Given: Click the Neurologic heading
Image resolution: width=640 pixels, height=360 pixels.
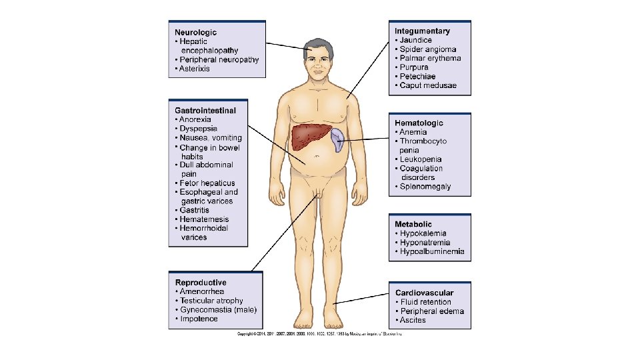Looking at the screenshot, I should pos(195,32).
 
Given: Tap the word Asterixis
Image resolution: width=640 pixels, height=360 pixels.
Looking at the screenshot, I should pos(195,69).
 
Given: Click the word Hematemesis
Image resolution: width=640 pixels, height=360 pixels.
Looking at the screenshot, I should pos(204,219).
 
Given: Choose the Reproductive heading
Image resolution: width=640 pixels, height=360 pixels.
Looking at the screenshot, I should pos(200,283).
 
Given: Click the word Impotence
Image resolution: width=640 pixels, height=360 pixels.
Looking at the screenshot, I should pos(199,319).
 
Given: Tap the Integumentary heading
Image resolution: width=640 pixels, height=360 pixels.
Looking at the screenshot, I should pos(422,31).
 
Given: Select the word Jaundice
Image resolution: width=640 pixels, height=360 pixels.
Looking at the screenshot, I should pos(417,40).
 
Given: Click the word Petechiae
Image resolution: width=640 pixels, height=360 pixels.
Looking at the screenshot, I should pos(418,77).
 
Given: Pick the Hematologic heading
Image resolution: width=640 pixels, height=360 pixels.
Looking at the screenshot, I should pos(419,123).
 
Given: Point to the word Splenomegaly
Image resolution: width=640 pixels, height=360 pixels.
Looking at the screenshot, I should pos(425,186).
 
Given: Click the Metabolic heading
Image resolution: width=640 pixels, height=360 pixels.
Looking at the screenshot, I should pos(413,225).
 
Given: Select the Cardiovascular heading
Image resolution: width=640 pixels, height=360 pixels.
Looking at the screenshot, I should pos(424,293).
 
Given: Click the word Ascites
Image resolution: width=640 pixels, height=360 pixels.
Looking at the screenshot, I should pos(413,320).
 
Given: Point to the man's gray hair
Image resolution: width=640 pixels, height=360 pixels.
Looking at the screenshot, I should pos(319,45).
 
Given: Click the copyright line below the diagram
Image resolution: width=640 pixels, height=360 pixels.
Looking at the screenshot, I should pos(320,333).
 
